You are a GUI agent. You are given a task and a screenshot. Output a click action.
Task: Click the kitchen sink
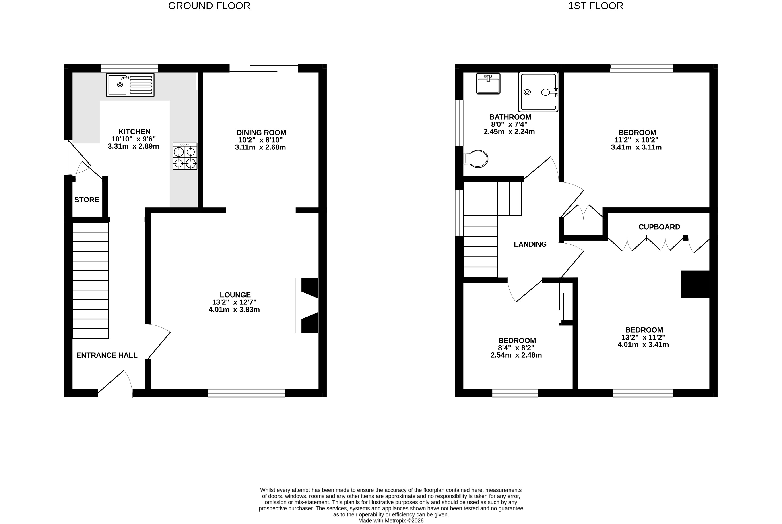coord(130,85)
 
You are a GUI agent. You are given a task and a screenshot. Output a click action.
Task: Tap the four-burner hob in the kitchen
coord(185,156)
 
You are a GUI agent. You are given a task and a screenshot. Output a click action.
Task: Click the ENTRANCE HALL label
coord(107,355)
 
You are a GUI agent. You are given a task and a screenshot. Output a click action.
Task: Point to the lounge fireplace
coord(307,305)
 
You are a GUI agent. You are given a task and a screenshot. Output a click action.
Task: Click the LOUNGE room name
coord(235,295)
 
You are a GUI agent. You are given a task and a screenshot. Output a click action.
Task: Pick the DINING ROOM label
coord(262,133)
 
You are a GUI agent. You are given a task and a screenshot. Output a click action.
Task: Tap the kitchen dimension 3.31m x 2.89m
coord(134,146)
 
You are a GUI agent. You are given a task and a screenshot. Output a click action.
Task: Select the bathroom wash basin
coord(488,84)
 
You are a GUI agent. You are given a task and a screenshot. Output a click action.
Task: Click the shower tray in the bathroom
coord(538,92)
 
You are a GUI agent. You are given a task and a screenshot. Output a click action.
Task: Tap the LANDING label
coord(530,244)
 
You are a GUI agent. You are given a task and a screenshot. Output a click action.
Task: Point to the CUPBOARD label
coord(659,227)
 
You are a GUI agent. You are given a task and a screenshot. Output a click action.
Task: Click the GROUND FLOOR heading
coord(209,6)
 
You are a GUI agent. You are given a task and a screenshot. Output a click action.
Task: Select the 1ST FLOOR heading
coord(596,6)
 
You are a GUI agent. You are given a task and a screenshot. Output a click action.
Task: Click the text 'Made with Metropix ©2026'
coord(391,521)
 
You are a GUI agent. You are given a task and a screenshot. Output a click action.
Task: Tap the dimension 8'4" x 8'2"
coord(516,348)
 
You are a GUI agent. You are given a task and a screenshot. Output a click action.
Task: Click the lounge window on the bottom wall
coord(247,393)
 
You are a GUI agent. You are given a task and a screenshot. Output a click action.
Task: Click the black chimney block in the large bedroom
coord(695,284)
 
